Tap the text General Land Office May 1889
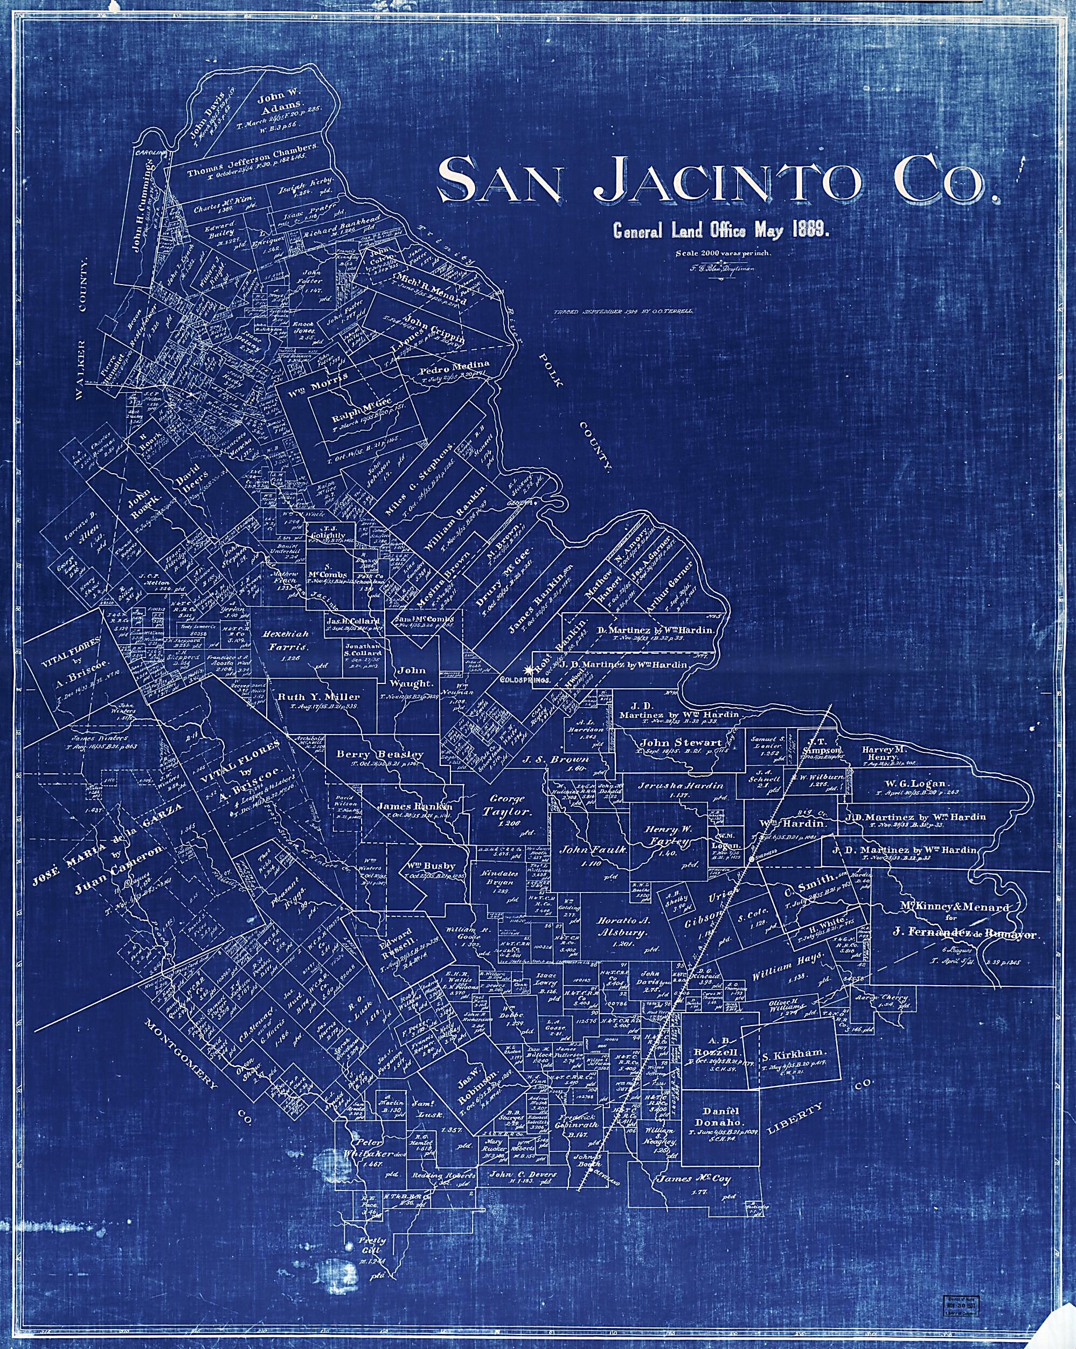click(x=721, y=231)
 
